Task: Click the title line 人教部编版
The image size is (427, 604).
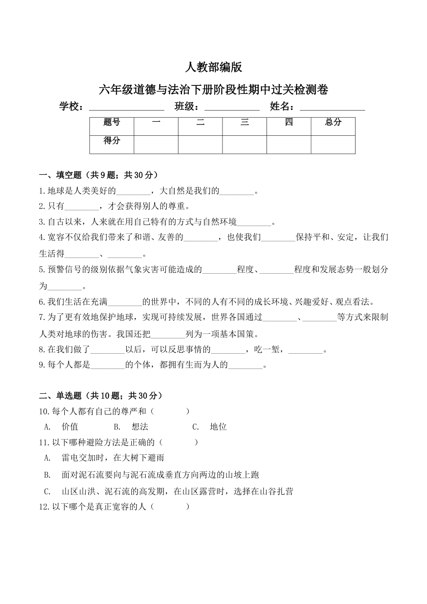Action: click(x=213, y=67)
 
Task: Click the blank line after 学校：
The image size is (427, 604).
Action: click(x=127, y=107)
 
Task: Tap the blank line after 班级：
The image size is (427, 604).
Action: click(x=232, y=107)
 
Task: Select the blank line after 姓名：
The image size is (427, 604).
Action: click(x=332, y=107)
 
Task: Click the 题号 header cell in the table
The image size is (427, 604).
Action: click(x=111, y=122)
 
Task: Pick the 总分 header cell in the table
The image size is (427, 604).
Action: click(x=333, y=122)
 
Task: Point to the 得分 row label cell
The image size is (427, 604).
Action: click(x=111, y=141)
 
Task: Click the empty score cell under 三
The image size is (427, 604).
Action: click(x=245, y=144)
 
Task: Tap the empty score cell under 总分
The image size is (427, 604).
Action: click(x=333, y=144)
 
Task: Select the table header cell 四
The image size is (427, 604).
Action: click(x=289, y=122)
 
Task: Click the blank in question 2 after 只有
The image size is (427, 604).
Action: click(x=82, y=207)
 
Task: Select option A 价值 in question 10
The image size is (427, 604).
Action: click(x=70, y=427)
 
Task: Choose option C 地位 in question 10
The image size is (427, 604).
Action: click(x=218, y=427)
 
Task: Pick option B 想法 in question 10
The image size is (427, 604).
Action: click(x=140, y=427)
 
